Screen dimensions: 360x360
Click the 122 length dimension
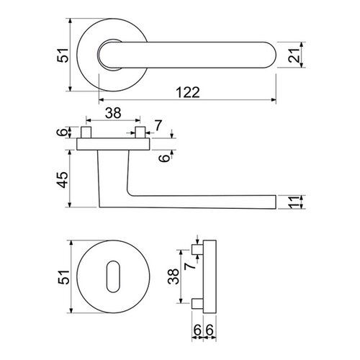(x=185, y=92)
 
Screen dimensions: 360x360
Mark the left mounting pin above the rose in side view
(x=87, y=133)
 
